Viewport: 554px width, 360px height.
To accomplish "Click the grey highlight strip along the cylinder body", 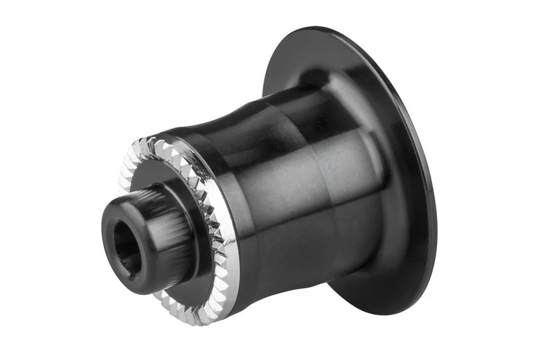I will tap(305, 201).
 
